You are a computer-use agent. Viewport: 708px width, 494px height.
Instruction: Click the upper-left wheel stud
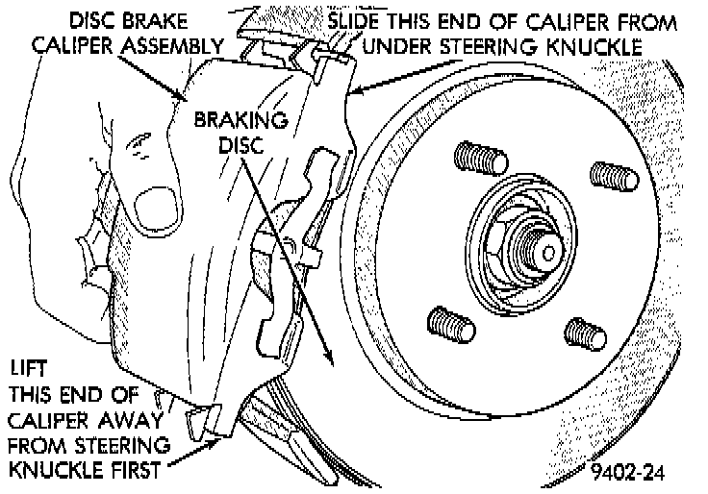coord(478,156)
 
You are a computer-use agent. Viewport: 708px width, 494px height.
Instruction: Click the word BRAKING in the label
coord(241,121)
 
